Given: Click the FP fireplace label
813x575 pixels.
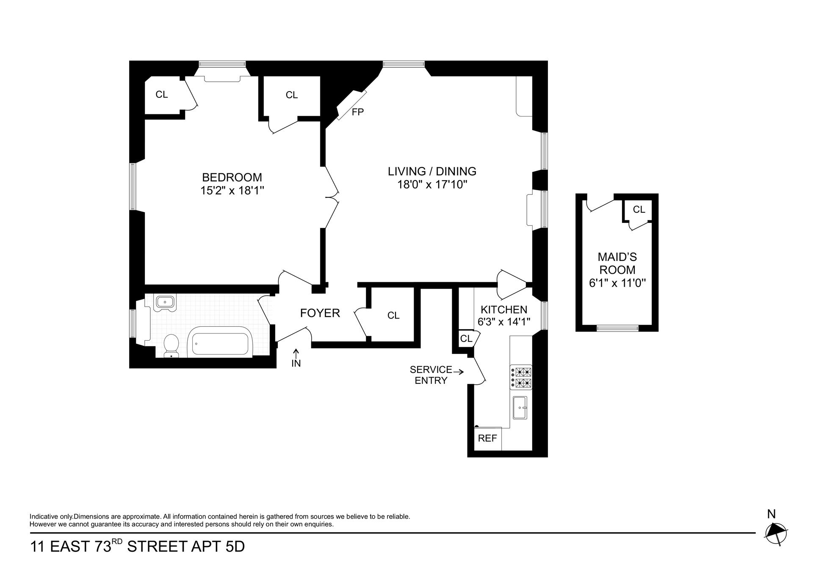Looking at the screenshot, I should pyautogui.click(x=358, y=112).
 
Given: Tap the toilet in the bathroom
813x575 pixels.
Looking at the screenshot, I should pyautogui.click(x=171, y=345).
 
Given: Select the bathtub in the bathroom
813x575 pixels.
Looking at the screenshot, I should pyautogui.click(x=220, y=342).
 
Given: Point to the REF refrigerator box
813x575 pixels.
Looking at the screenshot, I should pyautogui.click(x=487, y=439).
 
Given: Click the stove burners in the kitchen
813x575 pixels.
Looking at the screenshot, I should pyautogui.click(x=521, y=378).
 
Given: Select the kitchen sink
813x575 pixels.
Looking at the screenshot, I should pyautogui.click(x=520, y=407).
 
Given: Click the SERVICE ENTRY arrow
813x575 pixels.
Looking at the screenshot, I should pyautogui.click(x=459, y=372).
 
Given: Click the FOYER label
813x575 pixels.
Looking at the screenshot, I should pyautogui.click(x=320, y=313).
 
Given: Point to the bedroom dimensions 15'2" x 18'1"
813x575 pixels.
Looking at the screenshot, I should pyautogui.click(x=232, y=191).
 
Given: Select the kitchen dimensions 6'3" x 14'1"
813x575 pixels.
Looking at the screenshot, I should pyautogui.click(x=504, y=322).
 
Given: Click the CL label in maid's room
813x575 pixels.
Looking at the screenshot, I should pyautogui.click(x=639, y=209).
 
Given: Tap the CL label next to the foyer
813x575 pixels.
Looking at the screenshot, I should pyautogui.click(x=393, y=315).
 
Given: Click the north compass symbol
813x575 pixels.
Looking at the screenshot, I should pyautogui.click(x=776, y=532).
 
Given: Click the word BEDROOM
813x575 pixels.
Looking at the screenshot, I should pyautogui.click(x=232, y=177).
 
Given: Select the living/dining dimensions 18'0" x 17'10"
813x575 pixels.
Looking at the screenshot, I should pyautogui.click(x=432, y=185).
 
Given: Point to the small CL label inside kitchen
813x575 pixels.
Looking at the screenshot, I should pyautogui.click(x=466, y=339).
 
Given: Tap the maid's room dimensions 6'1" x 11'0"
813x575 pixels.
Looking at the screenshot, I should pyautogui.click(x=617, y=283).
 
